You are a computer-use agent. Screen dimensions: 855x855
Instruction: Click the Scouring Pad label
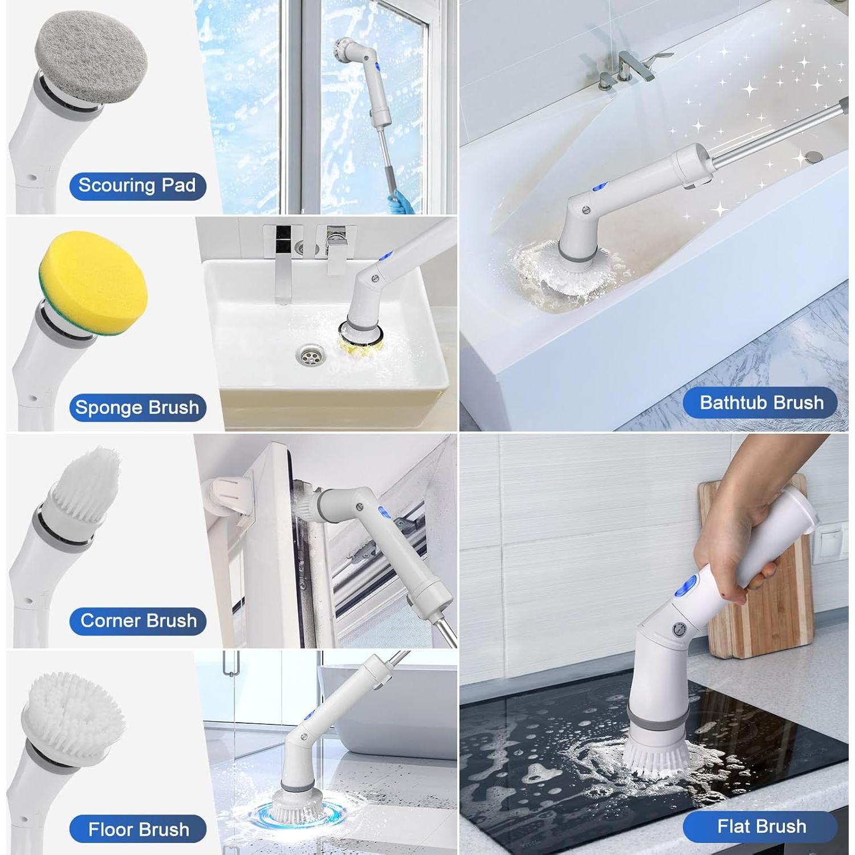137,186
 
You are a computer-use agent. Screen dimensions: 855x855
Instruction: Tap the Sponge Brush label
137,408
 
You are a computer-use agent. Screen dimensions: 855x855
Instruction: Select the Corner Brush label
138,621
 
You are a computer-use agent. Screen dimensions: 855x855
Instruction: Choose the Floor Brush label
138,829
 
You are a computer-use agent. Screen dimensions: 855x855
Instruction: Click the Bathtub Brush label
761,403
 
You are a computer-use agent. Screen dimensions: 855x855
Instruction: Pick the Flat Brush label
761,826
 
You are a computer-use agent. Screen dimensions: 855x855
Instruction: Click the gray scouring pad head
91,57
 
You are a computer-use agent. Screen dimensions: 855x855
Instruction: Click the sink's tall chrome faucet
283,266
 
